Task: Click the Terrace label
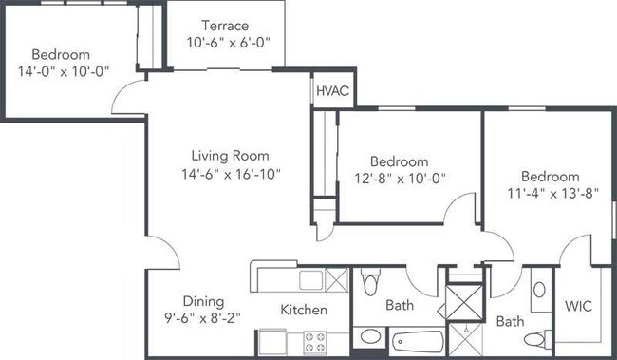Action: (x=225, y=26)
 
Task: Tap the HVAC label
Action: (x=332, y=91)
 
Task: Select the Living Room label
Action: (x=231, y=156)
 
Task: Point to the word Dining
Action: (x=203, y=302)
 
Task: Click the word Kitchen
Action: (x=304, y=310)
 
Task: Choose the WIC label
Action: (x=578, y=306)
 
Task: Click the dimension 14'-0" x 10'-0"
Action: (x=64, y=71)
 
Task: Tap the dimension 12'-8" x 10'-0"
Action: (x=400, y=179)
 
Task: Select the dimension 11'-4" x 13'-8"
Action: (x=552, y=194)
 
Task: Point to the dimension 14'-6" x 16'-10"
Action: (x=231, y=174)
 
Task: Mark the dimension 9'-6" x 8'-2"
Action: (x=202, y=317)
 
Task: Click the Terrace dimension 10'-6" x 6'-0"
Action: (x=228, y=42)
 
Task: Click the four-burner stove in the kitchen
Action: (x=315, y=343)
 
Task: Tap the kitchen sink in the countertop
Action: (x=310, y=280)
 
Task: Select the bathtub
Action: (x=418, y=342)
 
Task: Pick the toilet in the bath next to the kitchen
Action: (x=370, y=281)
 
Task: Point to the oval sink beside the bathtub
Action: (x=370, y=337)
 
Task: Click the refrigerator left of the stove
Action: (x=272, y=342)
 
